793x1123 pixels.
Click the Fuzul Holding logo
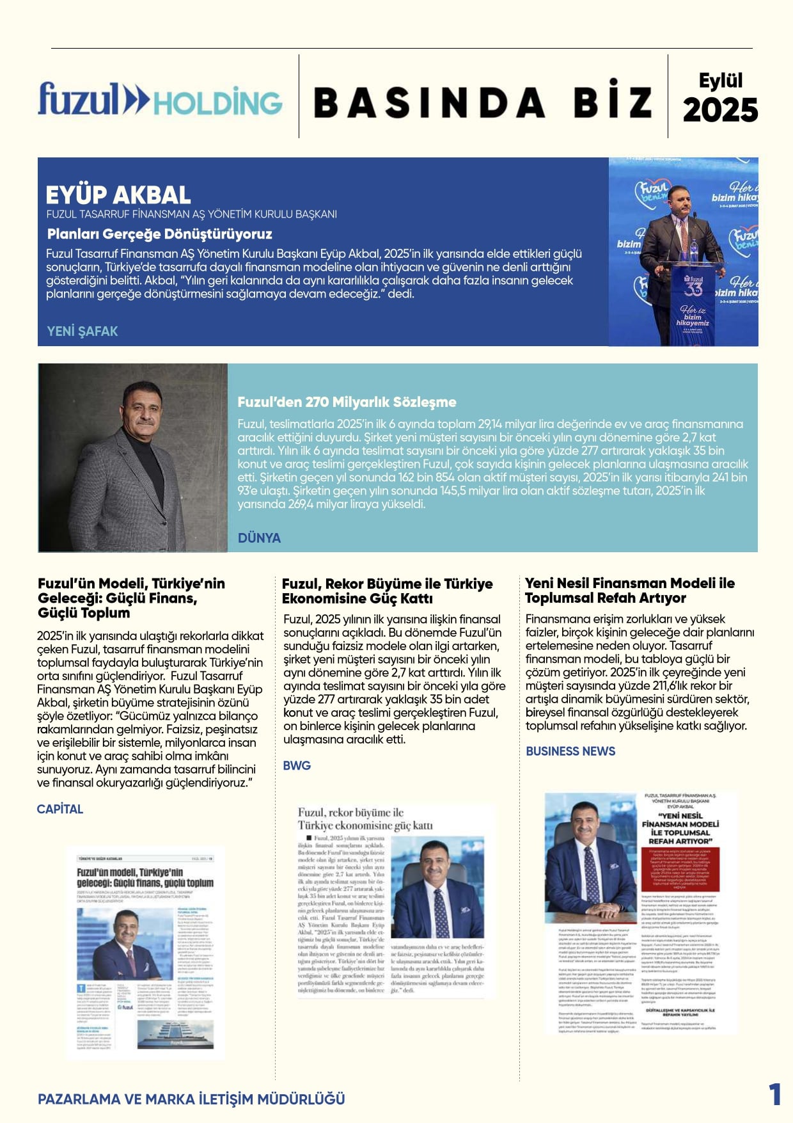160,100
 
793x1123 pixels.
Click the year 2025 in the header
720,110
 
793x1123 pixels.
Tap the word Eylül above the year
721,81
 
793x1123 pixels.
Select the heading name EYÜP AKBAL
118,195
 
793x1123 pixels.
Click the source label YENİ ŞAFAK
82,331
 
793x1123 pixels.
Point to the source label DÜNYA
259,538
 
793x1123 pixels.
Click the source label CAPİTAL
60,809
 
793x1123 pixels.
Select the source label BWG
297,765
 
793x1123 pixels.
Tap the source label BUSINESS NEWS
570,751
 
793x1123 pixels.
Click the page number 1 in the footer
774,1094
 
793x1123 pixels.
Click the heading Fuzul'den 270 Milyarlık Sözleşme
347,402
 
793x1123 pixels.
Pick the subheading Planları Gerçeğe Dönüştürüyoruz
160,234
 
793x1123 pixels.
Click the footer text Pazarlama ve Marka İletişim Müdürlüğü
191,1099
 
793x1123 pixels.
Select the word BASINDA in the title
429,102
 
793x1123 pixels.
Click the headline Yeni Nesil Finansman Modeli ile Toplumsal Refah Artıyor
630,590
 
